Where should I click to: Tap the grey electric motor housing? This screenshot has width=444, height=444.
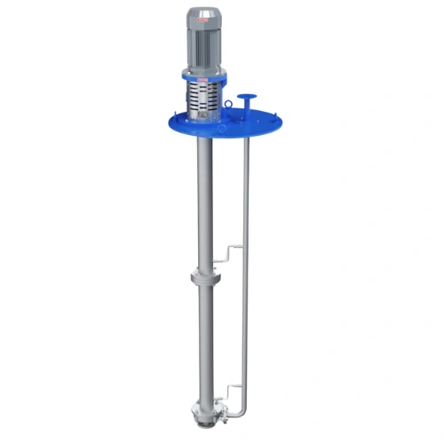[x=206, y=44]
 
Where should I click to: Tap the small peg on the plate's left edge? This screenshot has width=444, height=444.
[x=169, y=123]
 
